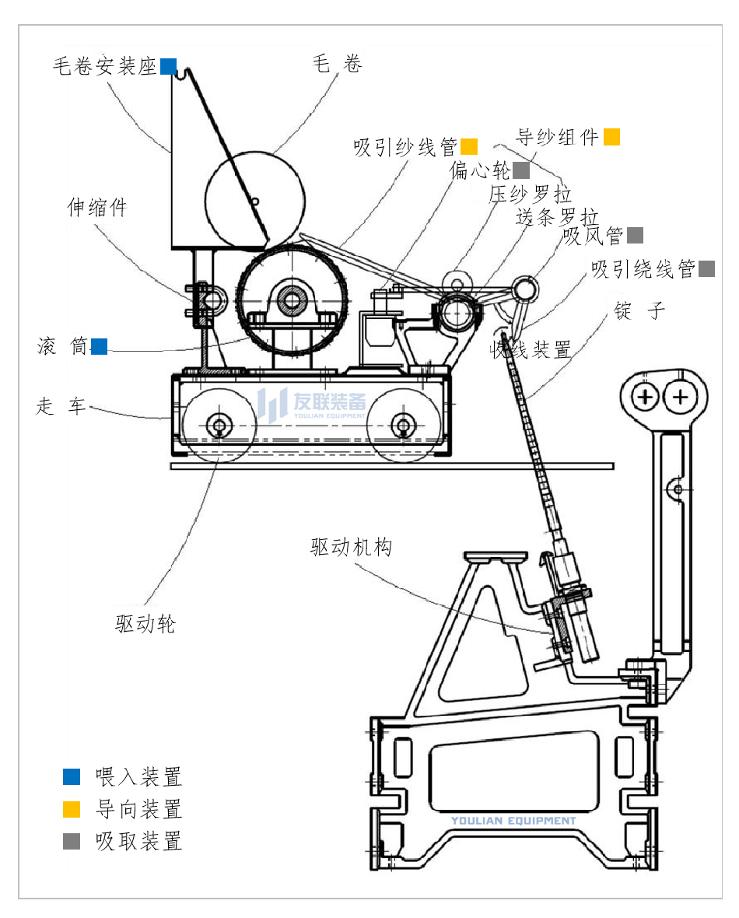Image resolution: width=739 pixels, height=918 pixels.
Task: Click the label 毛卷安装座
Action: click(x=105, y=66)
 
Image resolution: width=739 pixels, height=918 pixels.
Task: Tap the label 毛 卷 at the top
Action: click(x=337, y=64)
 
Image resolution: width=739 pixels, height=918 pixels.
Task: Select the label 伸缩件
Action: click(x=96, y=208)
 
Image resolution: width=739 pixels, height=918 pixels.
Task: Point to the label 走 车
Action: click(x=61, y=406)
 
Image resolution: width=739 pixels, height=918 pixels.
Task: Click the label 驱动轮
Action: click(x=145, y=623)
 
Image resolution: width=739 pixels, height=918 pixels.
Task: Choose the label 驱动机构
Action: click(x=351, y=548)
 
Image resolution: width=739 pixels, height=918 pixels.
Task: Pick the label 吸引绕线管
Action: click(x=643, y=269)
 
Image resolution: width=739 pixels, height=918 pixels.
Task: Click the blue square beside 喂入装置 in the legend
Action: click(x=72, y=776)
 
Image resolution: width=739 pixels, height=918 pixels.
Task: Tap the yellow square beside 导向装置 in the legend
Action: click(x=72, y=809)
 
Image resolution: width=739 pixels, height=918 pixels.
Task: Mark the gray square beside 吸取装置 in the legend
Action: click(x=72, y=841)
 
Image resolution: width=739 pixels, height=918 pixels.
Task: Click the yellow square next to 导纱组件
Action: click(x=611, y=137)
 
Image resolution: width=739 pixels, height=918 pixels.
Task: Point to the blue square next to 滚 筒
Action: click(x=99, y=346)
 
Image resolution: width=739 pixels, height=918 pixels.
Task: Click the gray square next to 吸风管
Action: click(x=635, y=235)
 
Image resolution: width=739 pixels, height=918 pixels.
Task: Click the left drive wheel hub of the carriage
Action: click(x=219, y=425)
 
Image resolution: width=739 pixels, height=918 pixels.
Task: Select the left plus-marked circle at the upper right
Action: click(x=646, y=398)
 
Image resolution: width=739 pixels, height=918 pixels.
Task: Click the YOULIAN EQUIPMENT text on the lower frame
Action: click(x=513, y=821)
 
